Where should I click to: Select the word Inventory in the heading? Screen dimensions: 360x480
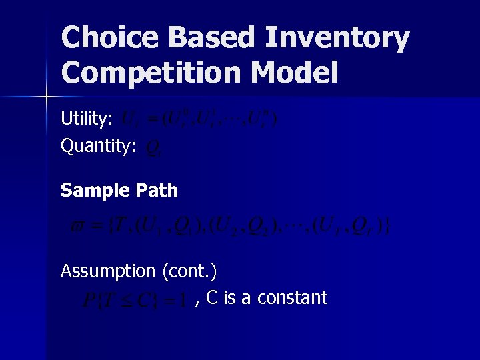337,38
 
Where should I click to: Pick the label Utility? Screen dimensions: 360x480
87,119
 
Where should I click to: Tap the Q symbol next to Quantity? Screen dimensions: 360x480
152,147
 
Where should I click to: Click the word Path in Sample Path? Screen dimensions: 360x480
155,191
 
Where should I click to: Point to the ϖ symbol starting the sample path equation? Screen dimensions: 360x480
77,227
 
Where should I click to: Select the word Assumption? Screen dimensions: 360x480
107,271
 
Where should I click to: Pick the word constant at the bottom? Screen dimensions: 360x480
292,297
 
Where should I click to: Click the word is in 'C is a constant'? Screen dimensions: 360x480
230,297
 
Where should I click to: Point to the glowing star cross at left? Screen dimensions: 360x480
46,97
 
